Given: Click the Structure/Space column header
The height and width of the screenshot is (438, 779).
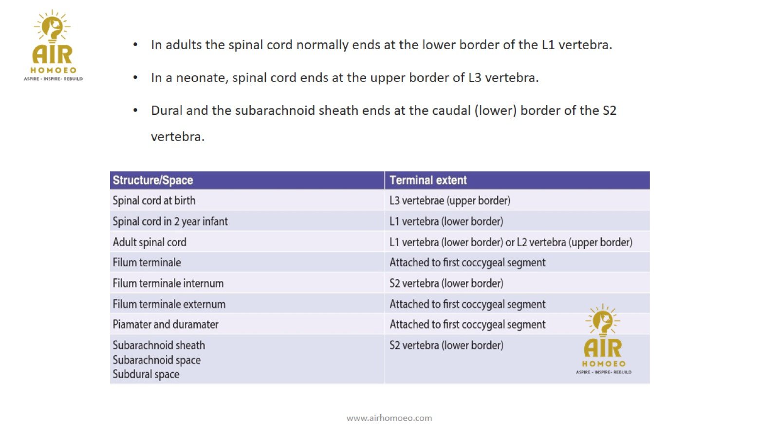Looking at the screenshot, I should coord(153,180).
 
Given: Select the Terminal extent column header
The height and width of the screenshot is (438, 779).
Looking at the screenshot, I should coord(428,180).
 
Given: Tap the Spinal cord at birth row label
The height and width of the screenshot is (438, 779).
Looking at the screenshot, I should coord(154,201).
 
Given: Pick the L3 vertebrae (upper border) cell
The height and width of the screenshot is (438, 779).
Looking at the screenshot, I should coord(450,201).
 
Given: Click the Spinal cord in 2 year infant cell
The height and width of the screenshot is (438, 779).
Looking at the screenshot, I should coord(170,221).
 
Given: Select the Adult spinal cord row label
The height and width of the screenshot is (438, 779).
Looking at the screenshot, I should coord(149,242).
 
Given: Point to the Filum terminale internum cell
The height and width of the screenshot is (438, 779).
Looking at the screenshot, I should coord(168,283).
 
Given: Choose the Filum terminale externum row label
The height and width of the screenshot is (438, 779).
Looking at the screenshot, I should coord(169,304).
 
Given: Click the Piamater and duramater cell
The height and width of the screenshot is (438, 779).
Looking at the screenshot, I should coord(166,325).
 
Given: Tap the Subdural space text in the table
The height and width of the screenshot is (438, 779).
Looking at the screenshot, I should coord(146,374).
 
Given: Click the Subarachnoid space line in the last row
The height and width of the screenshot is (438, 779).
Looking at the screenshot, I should coord(156,360).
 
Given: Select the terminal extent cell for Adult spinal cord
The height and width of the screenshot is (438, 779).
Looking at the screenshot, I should coord(511,242).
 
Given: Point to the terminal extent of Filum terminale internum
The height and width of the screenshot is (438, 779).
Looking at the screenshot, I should coord(446,283).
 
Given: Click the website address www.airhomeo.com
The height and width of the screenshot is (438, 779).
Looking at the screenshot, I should coord(389,418).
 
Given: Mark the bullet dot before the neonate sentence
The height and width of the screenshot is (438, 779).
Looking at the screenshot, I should coord(135,78).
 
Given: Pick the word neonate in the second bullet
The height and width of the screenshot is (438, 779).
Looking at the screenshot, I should coord(202,78).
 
